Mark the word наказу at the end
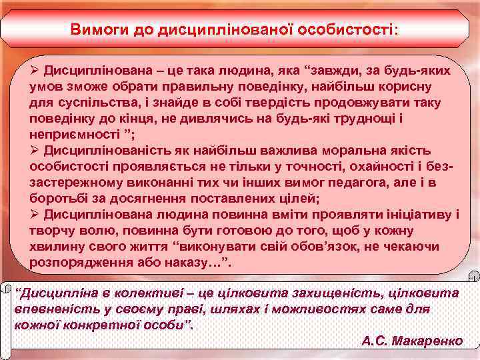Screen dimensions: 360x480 click(197, 263)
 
